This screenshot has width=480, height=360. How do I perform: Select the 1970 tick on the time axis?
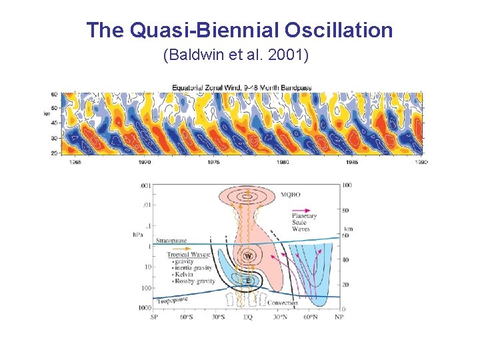[x=144, y=162]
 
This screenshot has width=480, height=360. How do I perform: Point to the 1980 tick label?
[x=283, y=162]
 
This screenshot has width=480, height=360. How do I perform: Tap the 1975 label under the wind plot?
[x=213, y=162]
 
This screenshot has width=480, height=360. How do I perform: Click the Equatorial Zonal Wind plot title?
[x=242, y=88]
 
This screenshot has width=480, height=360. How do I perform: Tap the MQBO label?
[x=290, y=194]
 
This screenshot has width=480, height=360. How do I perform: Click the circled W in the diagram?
[x=248, y=256]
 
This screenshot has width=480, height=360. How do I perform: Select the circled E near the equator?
[x=248, y=281]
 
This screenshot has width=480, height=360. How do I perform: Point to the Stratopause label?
[x=171, y=240]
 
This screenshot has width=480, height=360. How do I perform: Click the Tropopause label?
[x=171, y=301]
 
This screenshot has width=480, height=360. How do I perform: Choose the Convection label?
[x=283, y=303]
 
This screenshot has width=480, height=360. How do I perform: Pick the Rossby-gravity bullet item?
[x=194, y=281]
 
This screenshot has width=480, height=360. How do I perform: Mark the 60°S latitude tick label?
[x=186, y=317]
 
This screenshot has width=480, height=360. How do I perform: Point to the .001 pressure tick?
[x=145, y=185]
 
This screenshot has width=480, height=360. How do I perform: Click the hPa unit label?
[x=138, y=234]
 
